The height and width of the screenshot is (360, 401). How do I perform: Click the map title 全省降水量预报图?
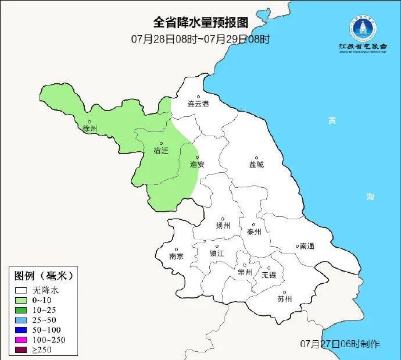201,23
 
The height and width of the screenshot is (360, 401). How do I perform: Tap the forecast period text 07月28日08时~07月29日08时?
201,40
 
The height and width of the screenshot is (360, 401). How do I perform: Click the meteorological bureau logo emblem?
363,27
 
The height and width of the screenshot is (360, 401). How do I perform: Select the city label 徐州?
89,129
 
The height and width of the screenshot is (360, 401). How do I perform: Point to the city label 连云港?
198,104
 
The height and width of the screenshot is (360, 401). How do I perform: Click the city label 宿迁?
161,151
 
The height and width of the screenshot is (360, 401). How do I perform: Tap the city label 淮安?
197,165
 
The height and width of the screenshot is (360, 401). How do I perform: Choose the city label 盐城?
256,165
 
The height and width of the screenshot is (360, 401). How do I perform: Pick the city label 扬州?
223,226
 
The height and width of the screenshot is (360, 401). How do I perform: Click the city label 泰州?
255,231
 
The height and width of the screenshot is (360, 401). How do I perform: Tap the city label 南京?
176,256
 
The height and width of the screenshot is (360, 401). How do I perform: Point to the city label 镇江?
217,254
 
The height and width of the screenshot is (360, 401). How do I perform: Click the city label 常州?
245,272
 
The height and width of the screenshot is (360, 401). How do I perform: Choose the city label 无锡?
269,275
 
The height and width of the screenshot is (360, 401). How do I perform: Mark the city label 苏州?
285,300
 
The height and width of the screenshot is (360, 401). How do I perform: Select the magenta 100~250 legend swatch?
22,339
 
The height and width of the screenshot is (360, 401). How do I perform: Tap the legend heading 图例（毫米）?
44,275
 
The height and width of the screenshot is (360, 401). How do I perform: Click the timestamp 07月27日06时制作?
340,344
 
